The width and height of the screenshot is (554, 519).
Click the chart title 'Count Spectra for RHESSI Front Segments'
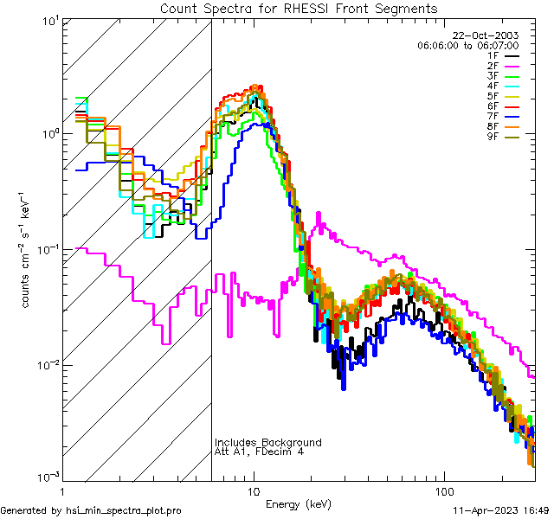pos(299,8)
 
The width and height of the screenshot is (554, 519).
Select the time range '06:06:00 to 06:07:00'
pos(480,45)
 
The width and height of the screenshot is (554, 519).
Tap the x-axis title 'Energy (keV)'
pos(299,503)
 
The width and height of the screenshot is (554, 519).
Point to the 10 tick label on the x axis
pos(253,490)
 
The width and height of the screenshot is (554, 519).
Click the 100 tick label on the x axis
pos(444,490)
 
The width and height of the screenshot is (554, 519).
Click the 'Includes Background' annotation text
pos(268,442)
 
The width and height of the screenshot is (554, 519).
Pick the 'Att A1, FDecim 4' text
pos(260,452)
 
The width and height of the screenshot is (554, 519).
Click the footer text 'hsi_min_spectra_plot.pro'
pos(124,511)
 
